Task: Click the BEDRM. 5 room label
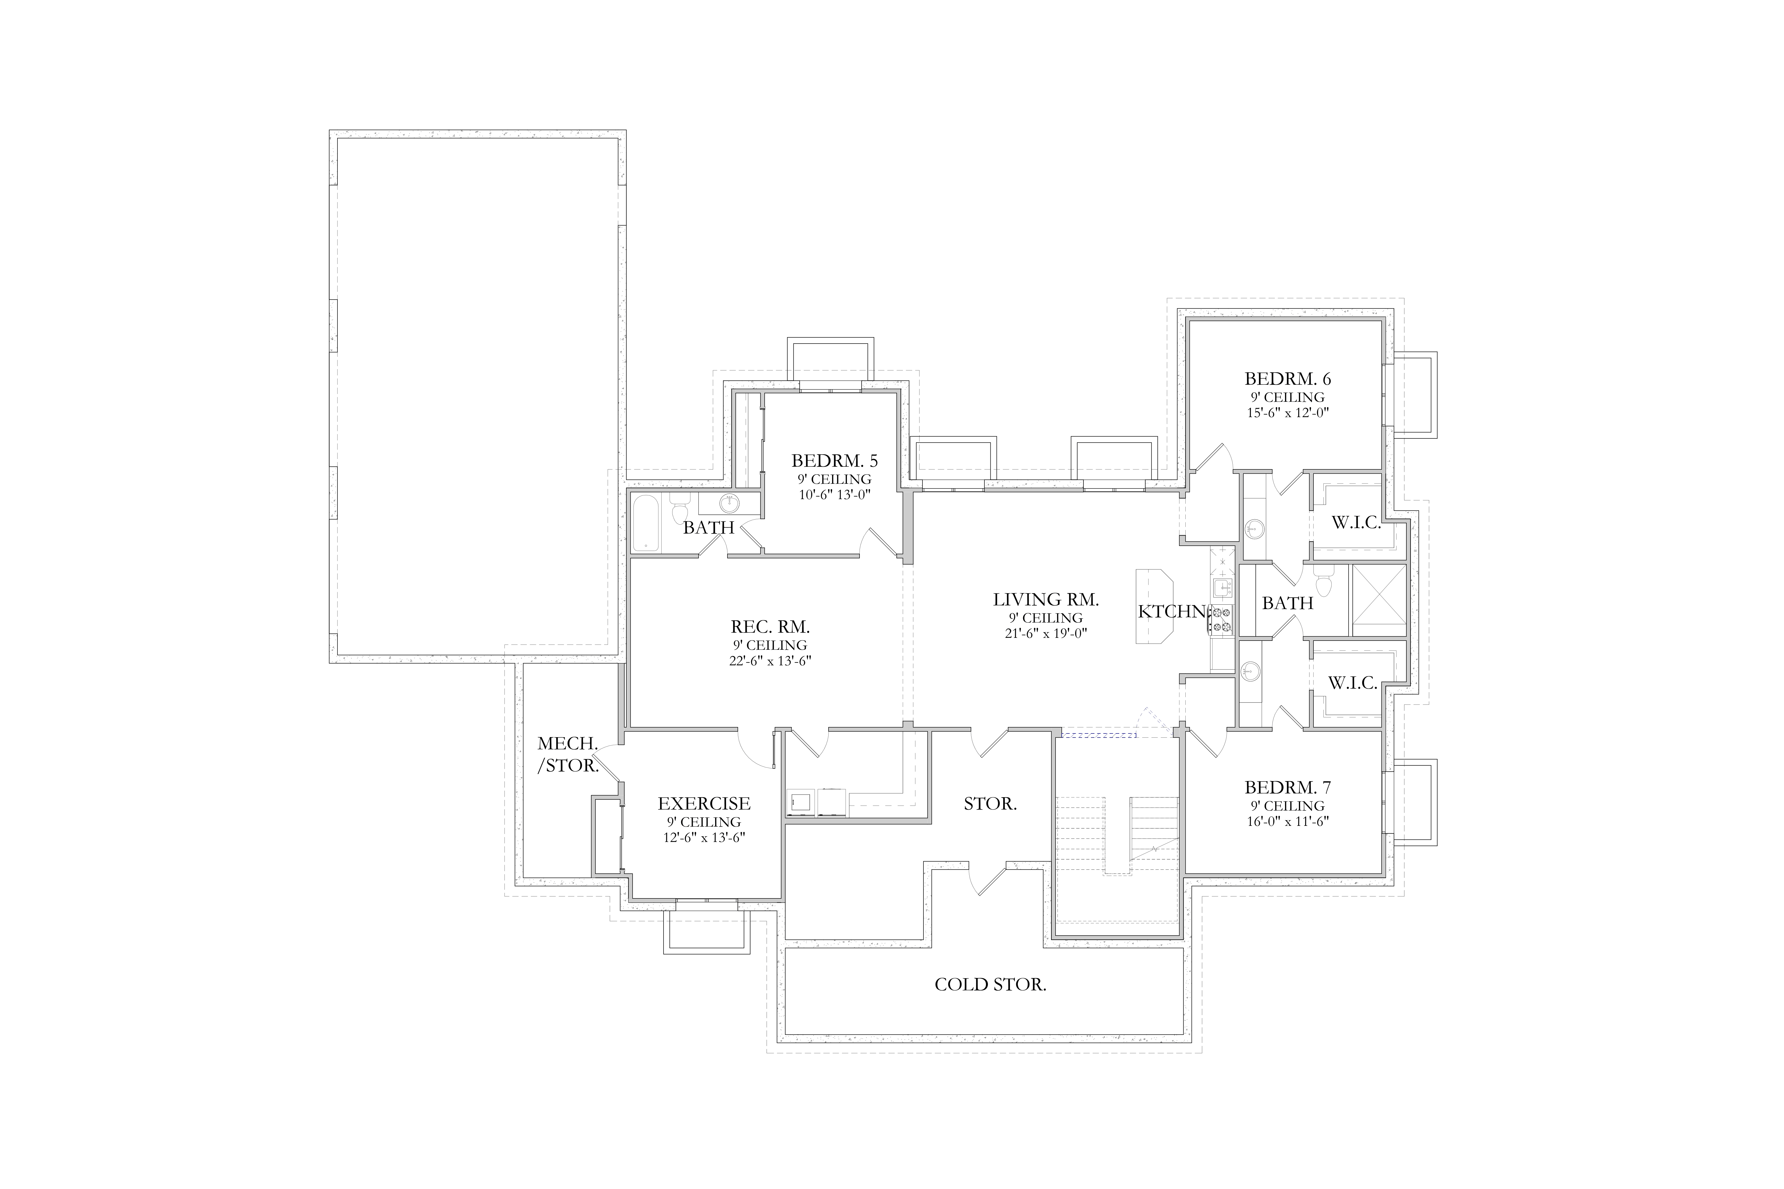point(834,460)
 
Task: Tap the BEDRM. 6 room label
point(1287,378)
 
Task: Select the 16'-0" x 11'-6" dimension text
point(1287,821)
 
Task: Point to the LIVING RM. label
point(1046,600)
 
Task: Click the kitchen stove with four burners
point(1221,620)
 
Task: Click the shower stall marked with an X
point(1378,600)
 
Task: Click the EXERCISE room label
point(704,803)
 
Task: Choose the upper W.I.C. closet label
point(1356,522)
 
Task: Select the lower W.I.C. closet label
point(1352,682)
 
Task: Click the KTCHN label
point(1171,611)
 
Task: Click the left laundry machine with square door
point(801,802)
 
